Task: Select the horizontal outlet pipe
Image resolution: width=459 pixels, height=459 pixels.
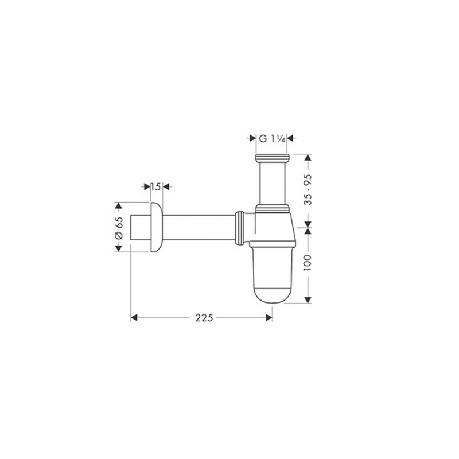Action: click(198, 226)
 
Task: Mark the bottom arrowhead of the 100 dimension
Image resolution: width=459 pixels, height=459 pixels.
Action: click(309, 301)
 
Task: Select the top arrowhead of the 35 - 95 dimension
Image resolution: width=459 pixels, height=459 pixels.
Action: click(309, 157)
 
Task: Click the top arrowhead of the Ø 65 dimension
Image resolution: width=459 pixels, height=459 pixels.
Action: click(119, 205)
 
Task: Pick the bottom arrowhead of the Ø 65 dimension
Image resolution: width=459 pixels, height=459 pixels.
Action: click(119, 248)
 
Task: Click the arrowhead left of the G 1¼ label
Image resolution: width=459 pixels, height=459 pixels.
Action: click(252, 138)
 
